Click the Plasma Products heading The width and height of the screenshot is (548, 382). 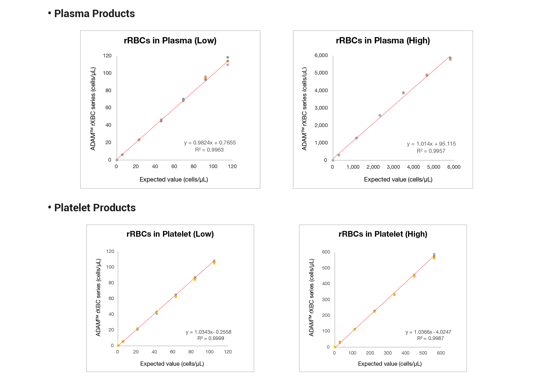click(94, 14)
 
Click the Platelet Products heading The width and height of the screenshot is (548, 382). click(95, 208)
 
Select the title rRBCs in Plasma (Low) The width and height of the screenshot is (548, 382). click(170, 41)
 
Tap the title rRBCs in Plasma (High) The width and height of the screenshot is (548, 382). click(383, 41)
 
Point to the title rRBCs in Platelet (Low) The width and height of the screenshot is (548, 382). click(170, 234)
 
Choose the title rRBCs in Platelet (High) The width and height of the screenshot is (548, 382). click(383, 234)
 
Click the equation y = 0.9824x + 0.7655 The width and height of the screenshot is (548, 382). click(210, 143)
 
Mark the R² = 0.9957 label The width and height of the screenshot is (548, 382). click(431, 151)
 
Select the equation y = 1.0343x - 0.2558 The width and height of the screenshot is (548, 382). click(208, 332)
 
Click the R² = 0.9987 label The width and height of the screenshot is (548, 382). click(430, 338)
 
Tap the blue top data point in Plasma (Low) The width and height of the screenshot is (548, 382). click(228, 57)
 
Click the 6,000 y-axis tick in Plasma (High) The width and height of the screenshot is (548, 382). click(321, 55)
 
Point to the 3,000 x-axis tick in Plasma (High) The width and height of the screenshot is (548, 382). click(393, 167)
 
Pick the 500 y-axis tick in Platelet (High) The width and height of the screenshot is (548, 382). click(326, 268)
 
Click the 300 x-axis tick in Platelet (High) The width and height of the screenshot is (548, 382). click(388, 353)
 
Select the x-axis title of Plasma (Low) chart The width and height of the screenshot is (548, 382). click(174, 180)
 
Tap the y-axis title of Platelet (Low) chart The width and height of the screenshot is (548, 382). click(98, 297)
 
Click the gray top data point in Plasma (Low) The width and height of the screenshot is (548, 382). click(228, 65)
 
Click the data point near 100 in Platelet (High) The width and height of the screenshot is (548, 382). click(355, 329)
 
